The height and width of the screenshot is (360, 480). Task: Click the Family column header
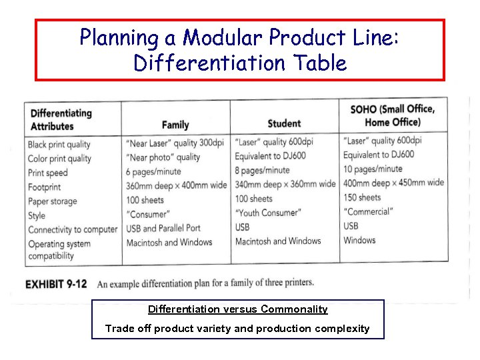(x=175, y=125)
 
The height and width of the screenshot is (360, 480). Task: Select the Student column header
(x=284, y=123)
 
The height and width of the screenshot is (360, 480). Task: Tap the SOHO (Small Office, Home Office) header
(x=392, y=115)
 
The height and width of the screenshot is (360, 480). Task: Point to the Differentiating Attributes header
(x=61, y=119)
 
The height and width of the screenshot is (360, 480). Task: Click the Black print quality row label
(x=59, y=145)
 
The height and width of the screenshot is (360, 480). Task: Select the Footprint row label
(x=44, y=187)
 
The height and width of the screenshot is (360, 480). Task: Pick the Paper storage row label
(x=52, y=201)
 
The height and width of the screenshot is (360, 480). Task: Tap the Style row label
(x=37, y=215)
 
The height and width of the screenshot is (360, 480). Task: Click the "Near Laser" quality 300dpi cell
(x=175, y=143)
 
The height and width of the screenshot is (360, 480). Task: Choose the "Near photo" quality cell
(x=163, y=157)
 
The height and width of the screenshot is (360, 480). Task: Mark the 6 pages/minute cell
(x=153, y=171)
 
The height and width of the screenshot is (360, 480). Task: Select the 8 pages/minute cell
(x=262, y=170)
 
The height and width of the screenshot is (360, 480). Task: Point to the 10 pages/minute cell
(x=373, y=169)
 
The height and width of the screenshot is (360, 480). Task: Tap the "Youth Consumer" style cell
(x=268, y=213)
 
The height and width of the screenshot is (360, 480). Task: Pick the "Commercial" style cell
(x=368, y=211)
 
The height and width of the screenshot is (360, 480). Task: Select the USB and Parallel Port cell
(x=163, y=228)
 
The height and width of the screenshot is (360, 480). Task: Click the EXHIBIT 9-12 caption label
(x=56, y=284)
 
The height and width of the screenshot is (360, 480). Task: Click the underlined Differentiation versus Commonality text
(x=237, y=309)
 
